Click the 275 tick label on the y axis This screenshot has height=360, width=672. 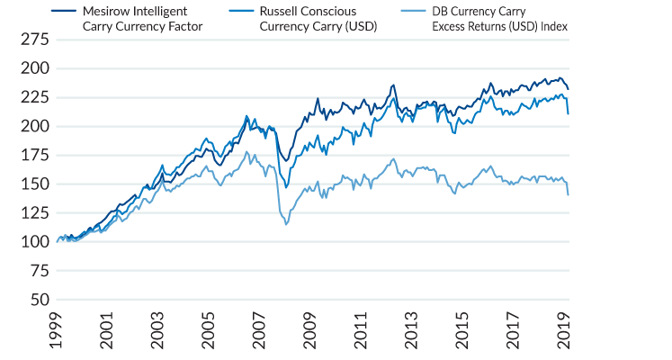pos(34,40)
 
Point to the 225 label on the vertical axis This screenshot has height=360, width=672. pos(34,97)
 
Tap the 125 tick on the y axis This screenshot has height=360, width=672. pos(34,212)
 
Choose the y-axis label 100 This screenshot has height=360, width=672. pos(34,241)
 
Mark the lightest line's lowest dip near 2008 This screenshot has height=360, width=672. pos(286,224)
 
